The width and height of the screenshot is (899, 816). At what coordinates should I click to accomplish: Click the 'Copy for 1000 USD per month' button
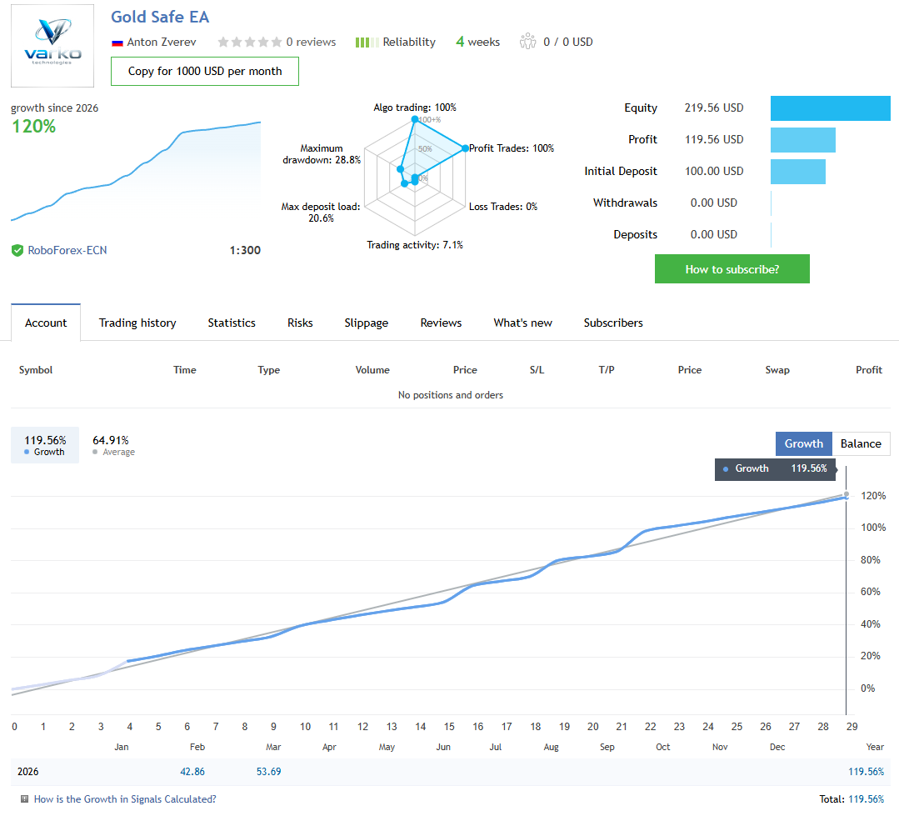tap(205, 71)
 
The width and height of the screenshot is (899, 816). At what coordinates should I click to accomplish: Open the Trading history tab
tap(137, 323)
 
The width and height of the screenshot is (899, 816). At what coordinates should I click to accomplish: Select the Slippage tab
tap(366, 323)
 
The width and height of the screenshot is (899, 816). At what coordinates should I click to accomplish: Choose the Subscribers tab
tap(613, 323)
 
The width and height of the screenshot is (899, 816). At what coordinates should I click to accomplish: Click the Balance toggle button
tap(861, 443)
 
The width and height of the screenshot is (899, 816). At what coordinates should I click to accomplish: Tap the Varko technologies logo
tap(53, 46)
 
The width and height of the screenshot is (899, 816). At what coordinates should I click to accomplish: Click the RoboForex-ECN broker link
tap(67, 250)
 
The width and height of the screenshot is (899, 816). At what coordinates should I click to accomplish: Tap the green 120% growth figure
tap(33, 127)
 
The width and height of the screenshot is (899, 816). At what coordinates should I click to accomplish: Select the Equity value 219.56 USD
tap(714, 108)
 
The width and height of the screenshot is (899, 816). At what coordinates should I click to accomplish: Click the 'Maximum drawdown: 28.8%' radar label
tap(322, 154)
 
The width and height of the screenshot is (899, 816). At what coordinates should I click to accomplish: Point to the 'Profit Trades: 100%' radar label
tap(512, 148)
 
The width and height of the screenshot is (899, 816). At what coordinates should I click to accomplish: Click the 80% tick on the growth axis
tap(870, 560)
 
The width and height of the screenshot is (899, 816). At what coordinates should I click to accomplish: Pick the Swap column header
tap(777, 370)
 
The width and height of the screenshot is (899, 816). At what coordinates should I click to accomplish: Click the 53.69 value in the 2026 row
tap(269, 772)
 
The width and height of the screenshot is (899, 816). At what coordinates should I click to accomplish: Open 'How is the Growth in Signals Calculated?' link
tap(125, 799)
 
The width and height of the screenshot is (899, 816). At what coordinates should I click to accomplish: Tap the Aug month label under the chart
tap(551, 747)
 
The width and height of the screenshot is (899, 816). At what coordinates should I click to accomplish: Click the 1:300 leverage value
tap(245, 250)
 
